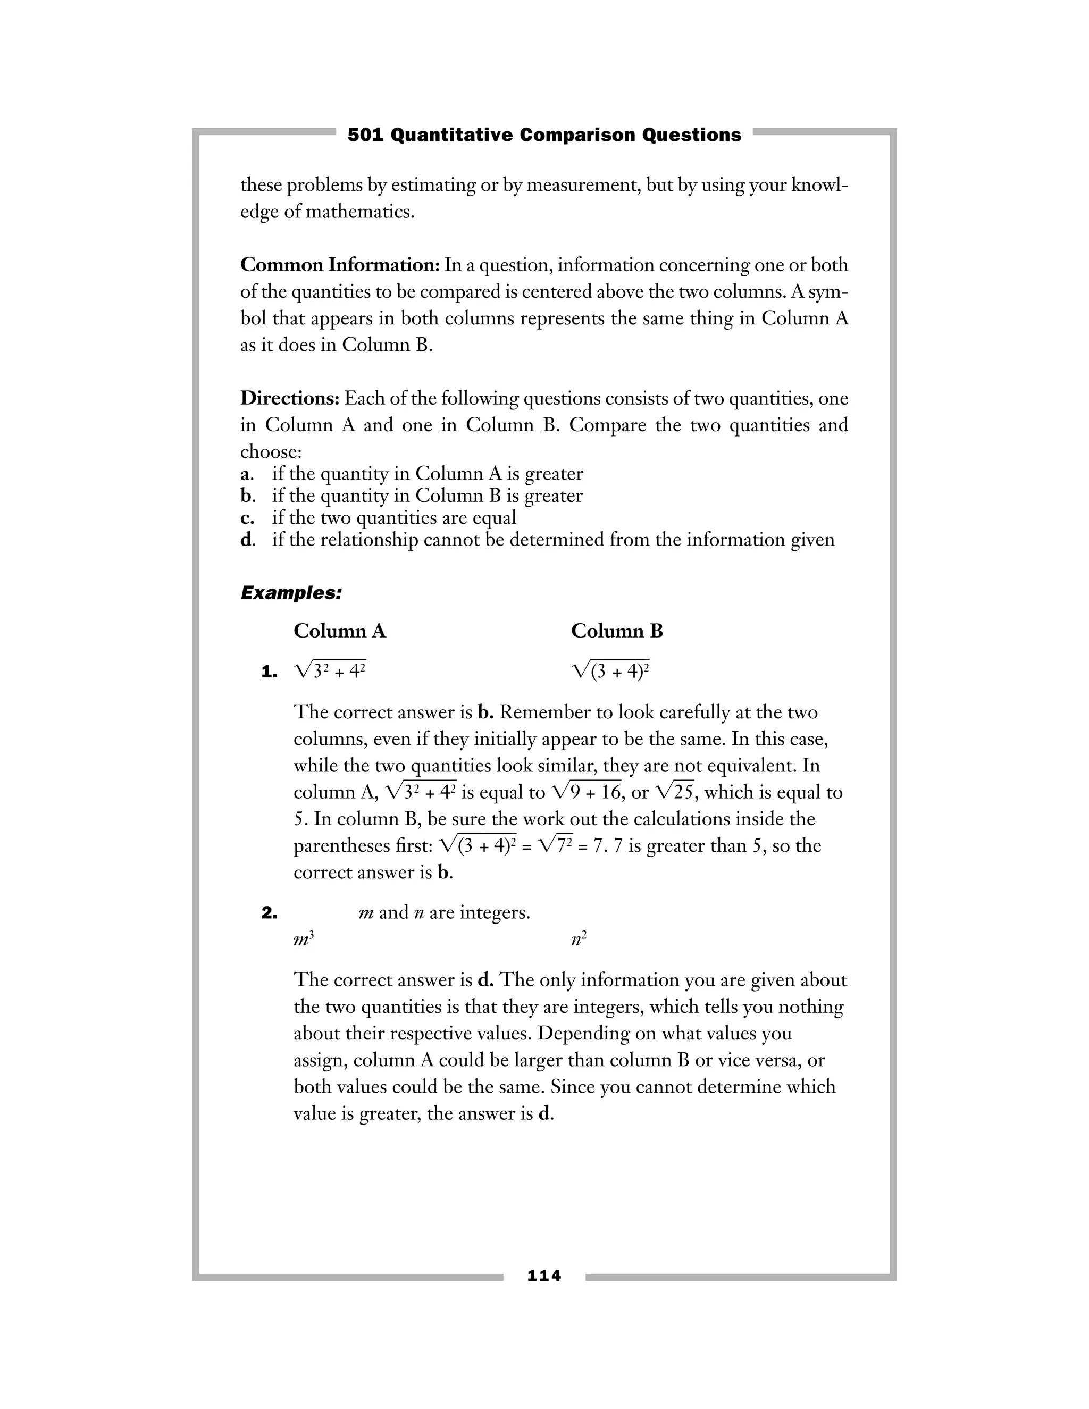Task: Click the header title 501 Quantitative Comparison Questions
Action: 544,135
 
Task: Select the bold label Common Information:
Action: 339,265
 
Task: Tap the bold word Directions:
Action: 290,398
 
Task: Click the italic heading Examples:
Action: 291,593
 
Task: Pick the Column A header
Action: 339,631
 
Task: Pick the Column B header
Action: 617,631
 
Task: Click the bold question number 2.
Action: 269,913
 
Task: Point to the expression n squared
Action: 579,940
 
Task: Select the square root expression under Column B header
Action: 610,672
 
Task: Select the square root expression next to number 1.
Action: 330,672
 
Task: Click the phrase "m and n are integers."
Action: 444,912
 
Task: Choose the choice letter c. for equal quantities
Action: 246,517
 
